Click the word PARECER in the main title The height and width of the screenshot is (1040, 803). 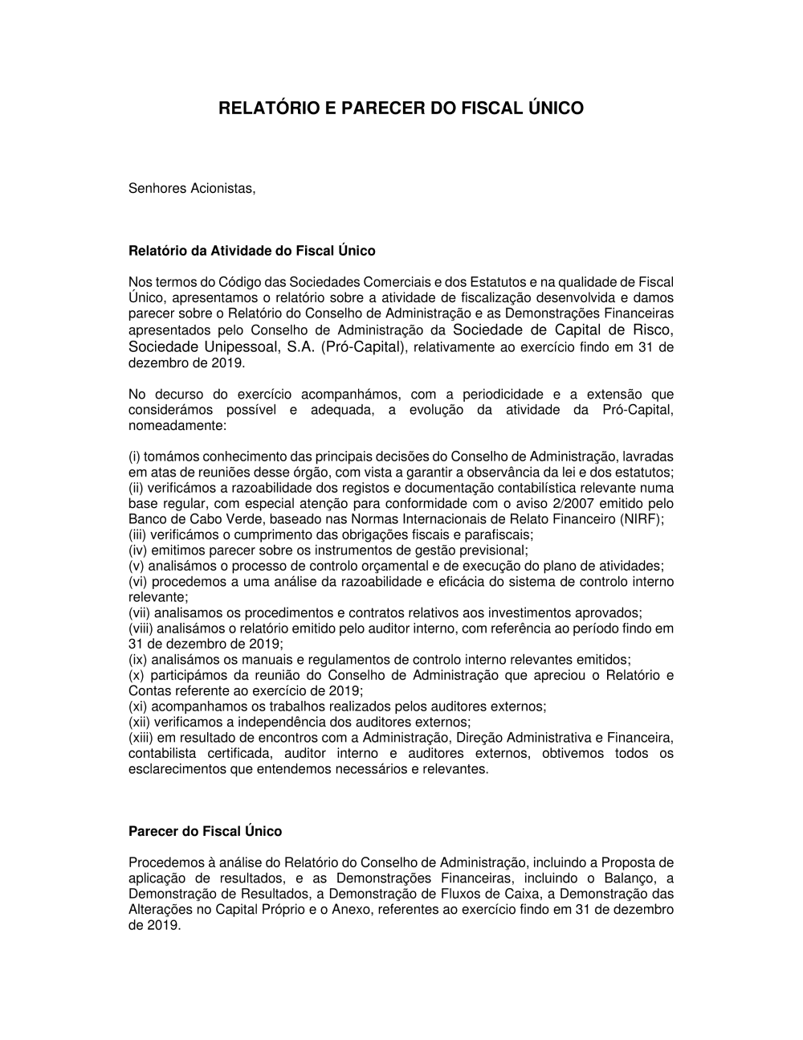point(377,108)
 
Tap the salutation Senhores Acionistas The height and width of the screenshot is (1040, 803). point(192,189)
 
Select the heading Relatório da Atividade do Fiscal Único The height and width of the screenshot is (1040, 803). point(252,251)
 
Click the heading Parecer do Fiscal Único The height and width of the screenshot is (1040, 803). point(205,831)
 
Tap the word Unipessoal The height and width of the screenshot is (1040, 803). point(238,347)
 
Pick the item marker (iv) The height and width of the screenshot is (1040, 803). point(138,551)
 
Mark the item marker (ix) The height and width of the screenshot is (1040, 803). point(138,660)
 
